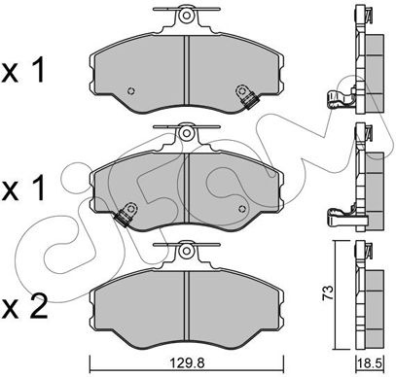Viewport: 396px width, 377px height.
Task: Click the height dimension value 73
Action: click(x=328, y=292)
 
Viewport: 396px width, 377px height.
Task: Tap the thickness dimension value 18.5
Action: click(x=371, y=362)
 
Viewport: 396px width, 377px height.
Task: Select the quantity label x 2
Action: click(x=23, y=306)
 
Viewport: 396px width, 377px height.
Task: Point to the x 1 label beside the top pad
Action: click(x=22, y=71)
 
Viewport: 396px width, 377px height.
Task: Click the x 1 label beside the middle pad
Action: click(x=22, y=189)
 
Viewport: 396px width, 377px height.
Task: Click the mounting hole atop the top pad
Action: click(x=186, y=16)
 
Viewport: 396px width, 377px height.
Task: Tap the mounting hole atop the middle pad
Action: click(x=186, y=133)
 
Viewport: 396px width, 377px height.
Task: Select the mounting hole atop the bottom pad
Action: click(x=186, y=251)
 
